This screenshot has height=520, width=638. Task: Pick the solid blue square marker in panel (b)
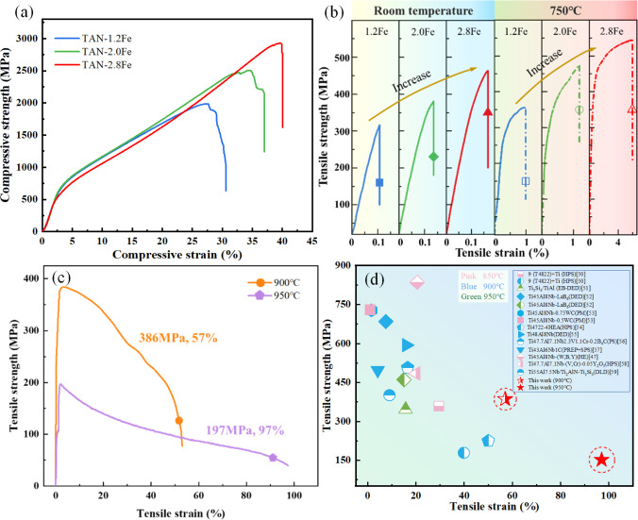pyautogui.click(x=379, y=182)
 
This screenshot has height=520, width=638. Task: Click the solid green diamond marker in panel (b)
pyautogui.click(x=433, y=157)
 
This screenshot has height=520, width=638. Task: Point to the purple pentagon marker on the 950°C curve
pyautogui.click(x=273, y=458)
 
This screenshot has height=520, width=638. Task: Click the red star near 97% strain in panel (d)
pyautogui.click(x=601, y=460)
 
